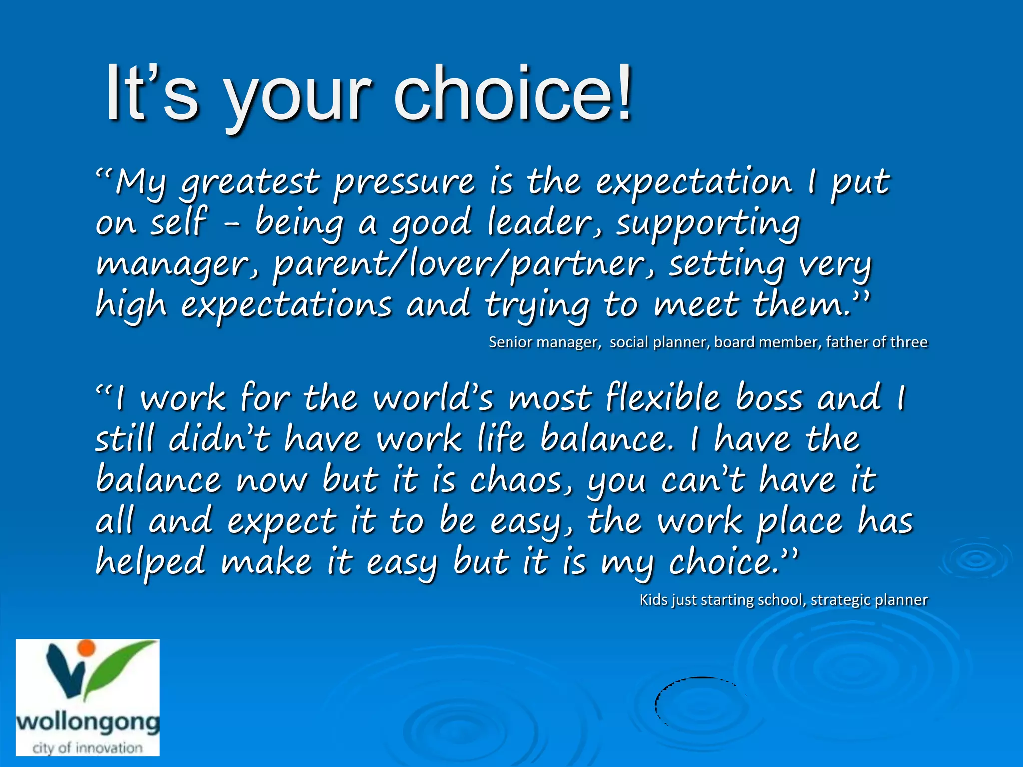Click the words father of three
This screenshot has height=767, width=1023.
click(876, 342)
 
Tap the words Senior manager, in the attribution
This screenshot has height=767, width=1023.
click(544, 342)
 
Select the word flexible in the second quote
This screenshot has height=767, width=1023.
click(662, 398)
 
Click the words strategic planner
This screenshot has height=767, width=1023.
click(869, 600)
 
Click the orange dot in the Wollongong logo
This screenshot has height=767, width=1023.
click(87, 648)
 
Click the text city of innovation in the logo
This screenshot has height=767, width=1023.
click(87, 748)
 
